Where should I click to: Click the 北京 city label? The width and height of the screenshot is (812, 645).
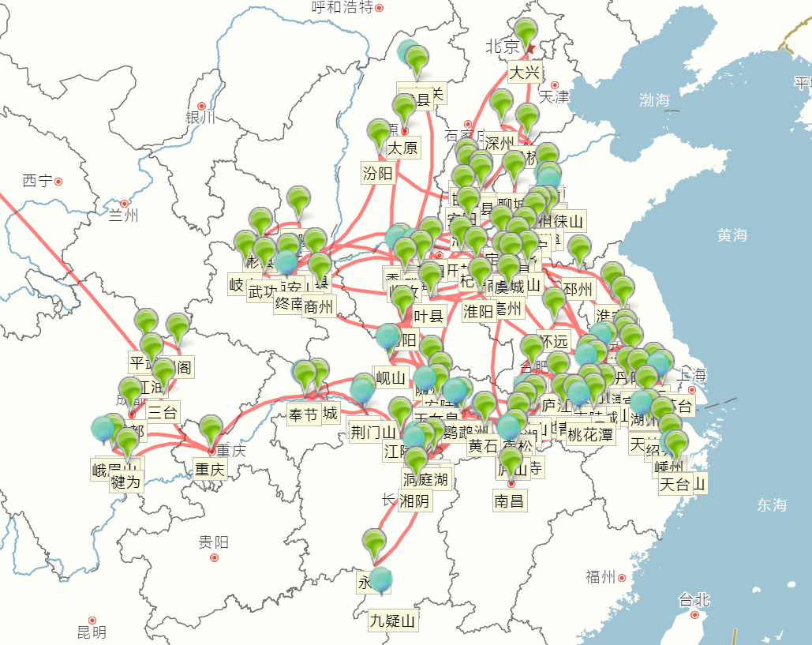pyautogui.click(x=502, y=47)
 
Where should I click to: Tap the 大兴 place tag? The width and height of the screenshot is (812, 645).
pyautogui.click(x=525, y=73)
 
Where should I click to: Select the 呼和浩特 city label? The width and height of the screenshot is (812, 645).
pyautogui.click(x=342, y=8)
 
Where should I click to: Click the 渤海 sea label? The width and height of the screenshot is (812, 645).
pyautogui.click(x=654, y=100)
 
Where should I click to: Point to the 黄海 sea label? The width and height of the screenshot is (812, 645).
pyautogui.click(x=732, y=234)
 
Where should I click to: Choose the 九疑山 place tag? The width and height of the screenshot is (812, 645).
pyautogui.click(x=392, y=621)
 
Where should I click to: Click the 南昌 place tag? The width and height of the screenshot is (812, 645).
pyautogui.click(x=510, y=501)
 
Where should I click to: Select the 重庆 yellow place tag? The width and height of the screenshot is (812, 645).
pyautogui.click(x=210, y=470)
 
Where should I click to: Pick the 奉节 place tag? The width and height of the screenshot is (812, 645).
pyautogui.click(x=303, y=414)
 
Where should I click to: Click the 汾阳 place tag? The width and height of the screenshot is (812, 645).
pyautogui.click(x=378, y=174)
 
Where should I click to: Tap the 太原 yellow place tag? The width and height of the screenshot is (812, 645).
pyautogui.click(x=402, y=148)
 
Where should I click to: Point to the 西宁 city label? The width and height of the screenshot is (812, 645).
pyautogui.click(x=37, y=181)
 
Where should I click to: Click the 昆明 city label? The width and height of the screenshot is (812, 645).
pyautogui.click(x=91, y=632)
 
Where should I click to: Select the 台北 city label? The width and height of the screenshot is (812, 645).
pyautogui.click(x=694, y=600)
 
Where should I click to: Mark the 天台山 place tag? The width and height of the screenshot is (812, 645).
pyautogui.click(x=683, y=484)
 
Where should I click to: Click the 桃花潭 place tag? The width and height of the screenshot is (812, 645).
pyautogui.click(x=590, y=434)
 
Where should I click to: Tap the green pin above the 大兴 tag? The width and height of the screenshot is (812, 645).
pyautogui.click(x=526, y=34)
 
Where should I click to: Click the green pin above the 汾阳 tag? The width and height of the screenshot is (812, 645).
pyautogui.click(x=380, y=134)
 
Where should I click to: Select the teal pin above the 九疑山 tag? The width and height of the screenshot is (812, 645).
pyautogui.click(x=381, y=579)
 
